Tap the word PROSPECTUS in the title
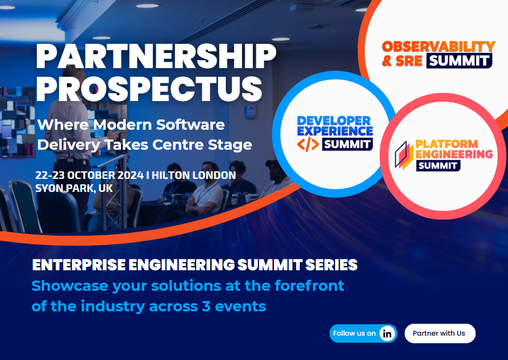pyautogui.click(x=149, y=89)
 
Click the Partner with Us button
pyautogui.click(x=440, y=333)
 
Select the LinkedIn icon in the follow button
pyautogui.click(x=387, y=334)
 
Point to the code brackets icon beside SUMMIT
pyautogui.click(x=308, y=144)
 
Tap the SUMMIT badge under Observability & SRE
pyautogui.click(x=459, y=61)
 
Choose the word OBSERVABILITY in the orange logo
pyautogui.click(x=439, y=46)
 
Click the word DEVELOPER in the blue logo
pyautogui.click(x=333, y=121)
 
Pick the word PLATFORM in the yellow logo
pyautogui.click(x=447, y=144)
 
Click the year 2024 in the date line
pyautogui.click(x=131, y=175)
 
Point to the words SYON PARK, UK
pyautogui.click(x=74, y=188)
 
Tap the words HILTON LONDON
pyautogui.click(x=193, y=175)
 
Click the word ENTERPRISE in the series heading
pyautogui.click(x=79, y=265)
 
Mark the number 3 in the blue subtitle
pyautogui.click(x=206, y=306)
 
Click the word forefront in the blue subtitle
pyautogui.click(x=309, y=285)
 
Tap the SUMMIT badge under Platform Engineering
pyautogui.click(x=438, y=165)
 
